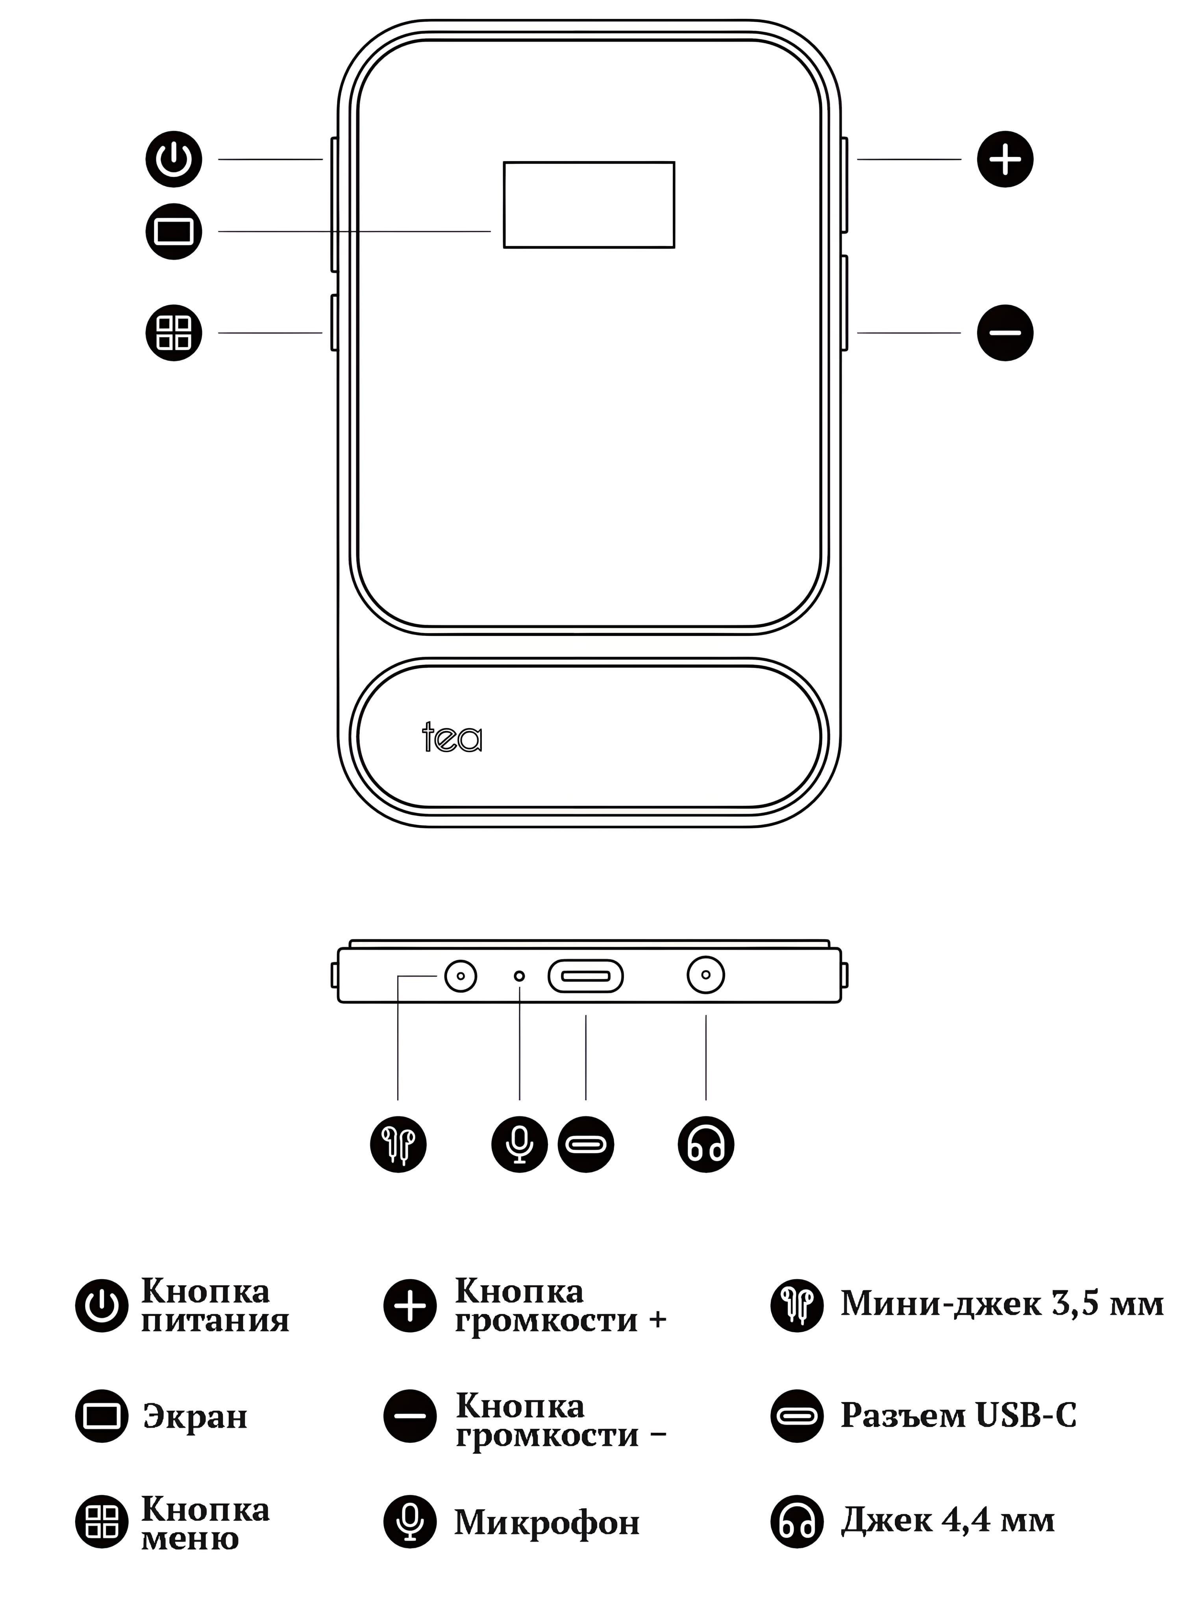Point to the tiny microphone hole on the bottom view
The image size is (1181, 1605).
pos(520,976)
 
